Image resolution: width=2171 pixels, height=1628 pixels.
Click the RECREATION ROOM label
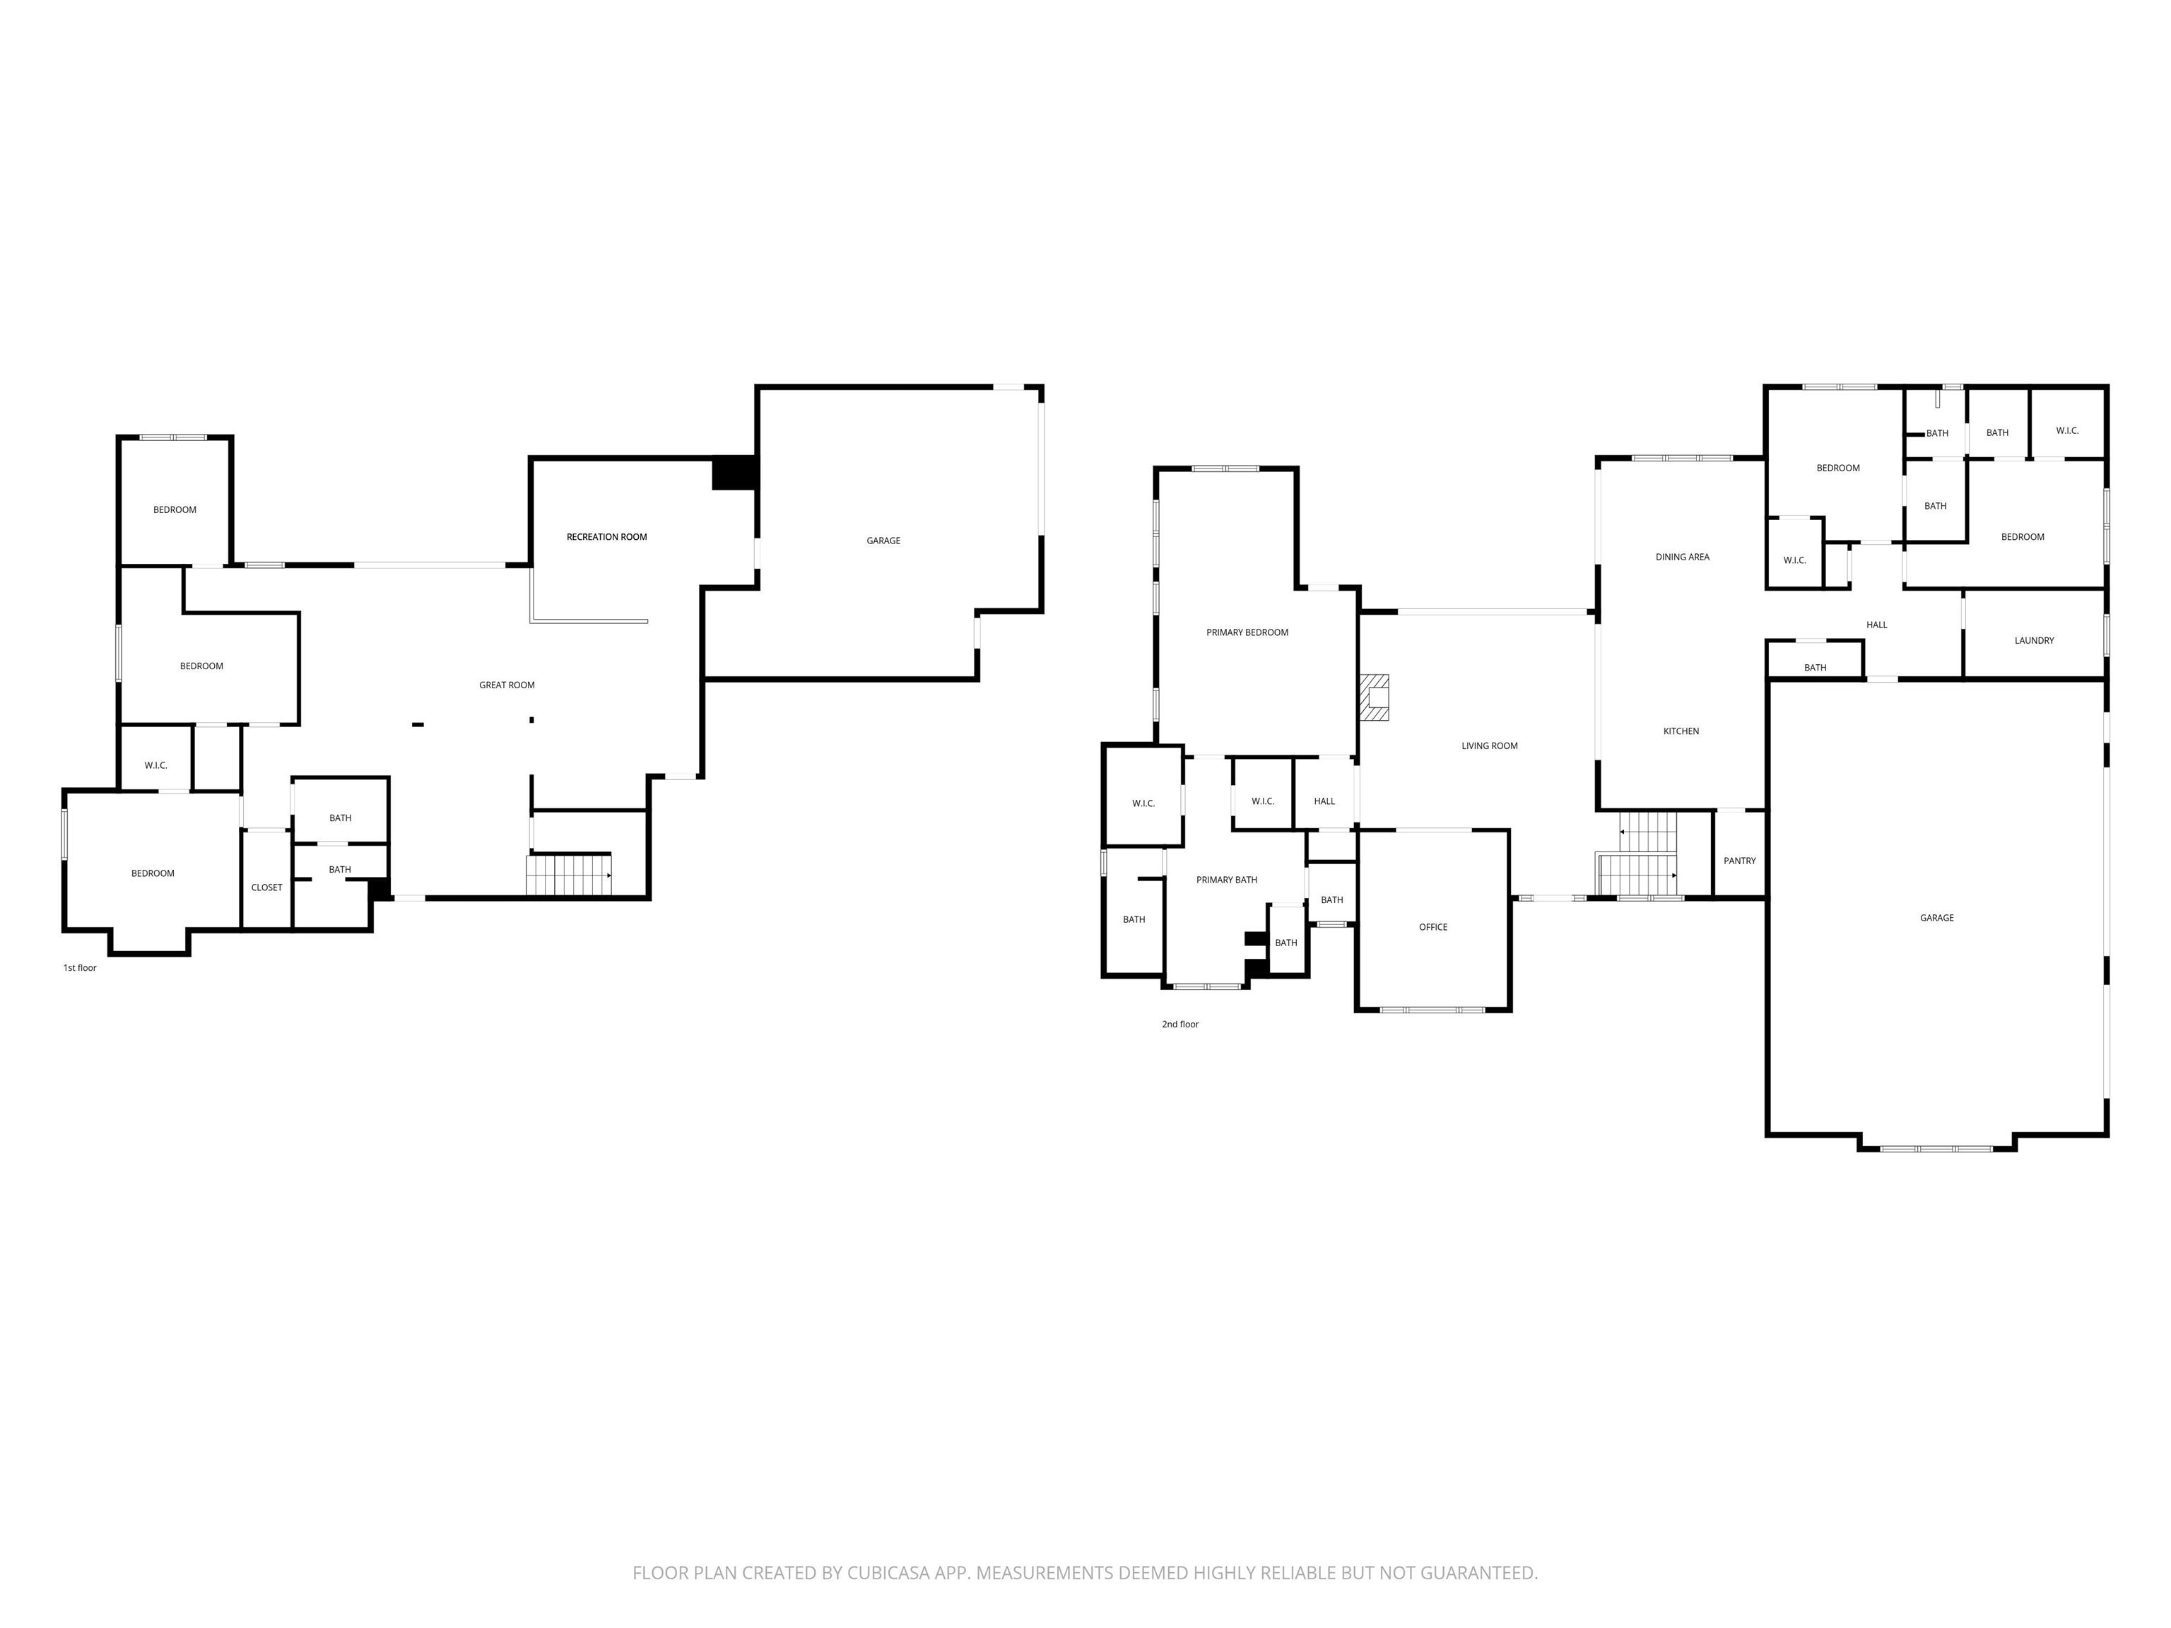606,537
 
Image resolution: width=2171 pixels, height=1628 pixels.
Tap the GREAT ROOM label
507,685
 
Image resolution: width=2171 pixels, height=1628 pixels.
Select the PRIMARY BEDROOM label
1247,632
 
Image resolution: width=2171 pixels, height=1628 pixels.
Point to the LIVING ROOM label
1489,745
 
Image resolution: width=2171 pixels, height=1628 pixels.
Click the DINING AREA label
1682,556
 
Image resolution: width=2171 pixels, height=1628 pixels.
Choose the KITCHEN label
1681,731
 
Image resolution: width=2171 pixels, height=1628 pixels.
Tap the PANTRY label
1739,861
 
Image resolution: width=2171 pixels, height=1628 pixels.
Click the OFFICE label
1433,926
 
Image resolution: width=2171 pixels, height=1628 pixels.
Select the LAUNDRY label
2034,639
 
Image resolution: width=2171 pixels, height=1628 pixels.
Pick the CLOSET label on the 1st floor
266,887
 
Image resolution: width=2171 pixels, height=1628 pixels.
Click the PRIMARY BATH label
1226,879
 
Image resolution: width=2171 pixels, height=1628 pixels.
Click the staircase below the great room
569,874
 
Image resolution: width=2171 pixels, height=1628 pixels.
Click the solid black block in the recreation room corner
733,473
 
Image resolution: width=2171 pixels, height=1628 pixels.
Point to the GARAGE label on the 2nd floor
1936,918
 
